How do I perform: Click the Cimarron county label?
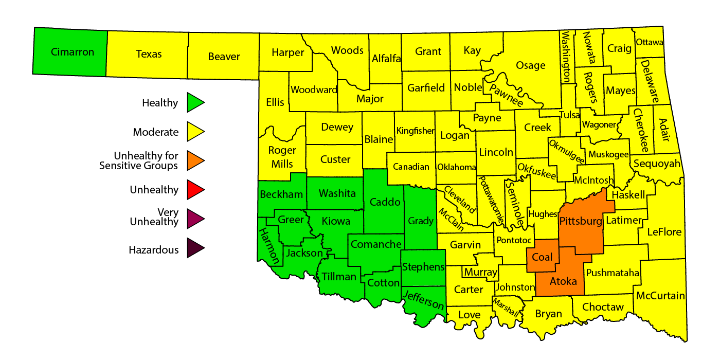(x=73, y=52)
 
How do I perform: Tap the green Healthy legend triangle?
(x=195, y=102)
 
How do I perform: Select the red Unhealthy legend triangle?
(x=195, y=190)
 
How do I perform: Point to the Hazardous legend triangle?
(x=195, y=249)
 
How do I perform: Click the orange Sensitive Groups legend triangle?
(x=195, y=160)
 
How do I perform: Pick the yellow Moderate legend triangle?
(x=195, y=132)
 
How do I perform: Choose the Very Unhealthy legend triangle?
(x=195, y=219)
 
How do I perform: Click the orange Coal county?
(x=542, y=257)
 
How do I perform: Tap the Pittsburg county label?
(x=580, y=222)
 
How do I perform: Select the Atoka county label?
(x=564, y=281)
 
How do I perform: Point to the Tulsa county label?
(x=570, y=115)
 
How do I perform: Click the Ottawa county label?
(x=650, y=42)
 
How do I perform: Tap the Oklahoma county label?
(x=457, y=167)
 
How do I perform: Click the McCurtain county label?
(x=660, y=296)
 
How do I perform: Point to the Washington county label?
(x=566, y=57)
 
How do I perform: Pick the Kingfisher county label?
(x=415, y=131)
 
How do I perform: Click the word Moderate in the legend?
(x=156, y=132)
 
